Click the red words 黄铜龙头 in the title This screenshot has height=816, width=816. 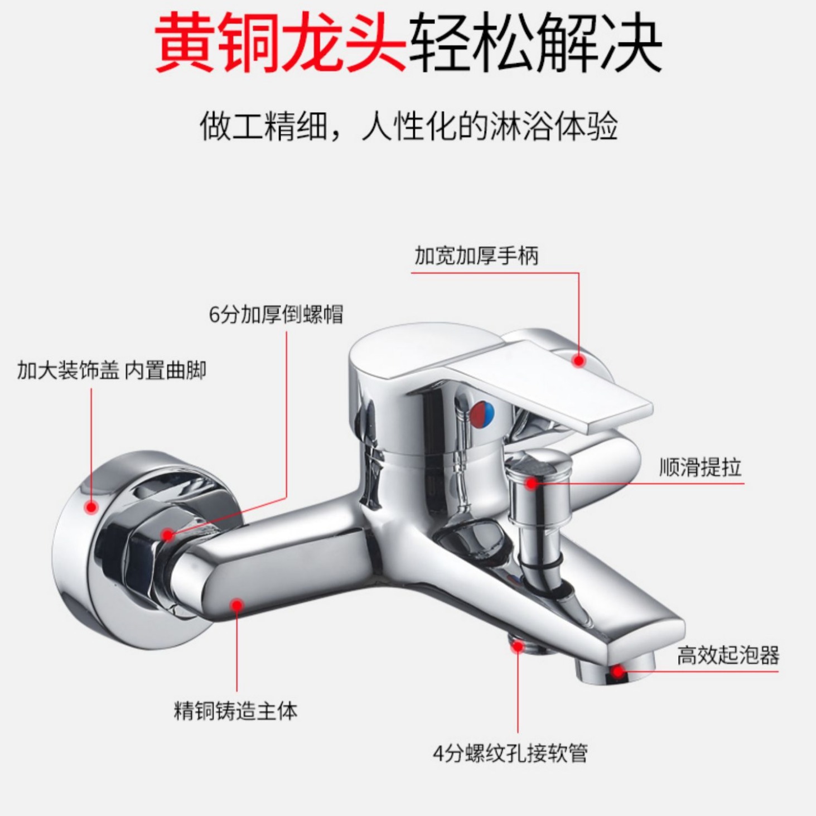(x=281, y=44)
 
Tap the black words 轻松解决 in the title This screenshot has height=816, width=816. (x=535, y=44)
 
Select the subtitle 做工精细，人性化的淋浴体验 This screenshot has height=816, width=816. (x=409, y=126)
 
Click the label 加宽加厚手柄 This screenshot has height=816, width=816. (x=476, y=256)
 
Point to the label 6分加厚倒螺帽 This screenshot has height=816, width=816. (x=276, y=315)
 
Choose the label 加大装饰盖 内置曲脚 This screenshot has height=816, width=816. (x=112, y=370)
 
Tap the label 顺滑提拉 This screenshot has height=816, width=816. (x=700, y=467)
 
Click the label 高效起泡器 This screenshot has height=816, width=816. (x=728, y=655)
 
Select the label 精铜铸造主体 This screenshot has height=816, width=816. (x=235, y=711)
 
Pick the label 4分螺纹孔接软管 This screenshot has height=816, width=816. (x=510, y=754)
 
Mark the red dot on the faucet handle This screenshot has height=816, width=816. (x=579, y=361)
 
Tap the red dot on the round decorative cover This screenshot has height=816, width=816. (x=91, y=507)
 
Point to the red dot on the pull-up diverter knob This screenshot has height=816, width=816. (x=532, y=483)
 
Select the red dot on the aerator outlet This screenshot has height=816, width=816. (x=617, y=671)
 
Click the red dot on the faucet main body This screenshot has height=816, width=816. (x=237, y=605)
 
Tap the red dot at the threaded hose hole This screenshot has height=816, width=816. (x=518, y=646)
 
